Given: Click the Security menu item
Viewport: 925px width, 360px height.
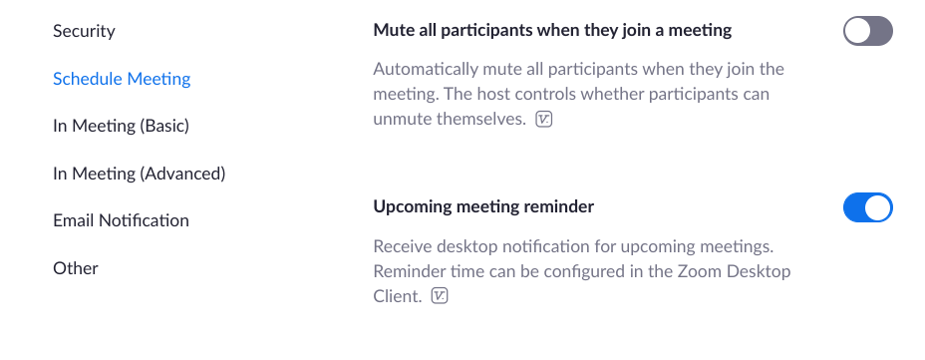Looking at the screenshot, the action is click(84, 31).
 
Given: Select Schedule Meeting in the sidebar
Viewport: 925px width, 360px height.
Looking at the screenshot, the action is click(122, 79).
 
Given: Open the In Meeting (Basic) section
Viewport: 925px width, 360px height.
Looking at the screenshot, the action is click(121, 126).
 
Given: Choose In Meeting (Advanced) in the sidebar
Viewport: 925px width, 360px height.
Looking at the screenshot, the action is click(140, 174).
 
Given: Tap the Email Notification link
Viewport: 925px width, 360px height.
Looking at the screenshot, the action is click(121, 220).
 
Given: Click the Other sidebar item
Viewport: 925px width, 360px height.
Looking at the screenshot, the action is click(76, 268).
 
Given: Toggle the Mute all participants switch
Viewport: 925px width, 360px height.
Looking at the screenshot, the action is click(868, 31).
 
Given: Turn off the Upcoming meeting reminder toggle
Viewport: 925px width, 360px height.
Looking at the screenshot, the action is click(868, 207).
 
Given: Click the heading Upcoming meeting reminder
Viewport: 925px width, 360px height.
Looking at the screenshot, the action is click(483, 206).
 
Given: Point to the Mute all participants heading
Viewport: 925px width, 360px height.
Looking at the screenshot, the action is click(552, 30).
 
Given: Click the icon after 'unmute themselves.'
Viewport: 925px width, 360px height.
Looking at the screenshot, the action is click(544, 120).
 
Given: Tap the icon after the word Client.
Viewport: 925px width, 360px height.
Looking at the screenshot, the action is click(441, 295).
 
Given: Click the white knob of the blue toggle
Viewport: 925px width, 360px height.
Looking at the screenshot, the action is click(878, 207).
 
